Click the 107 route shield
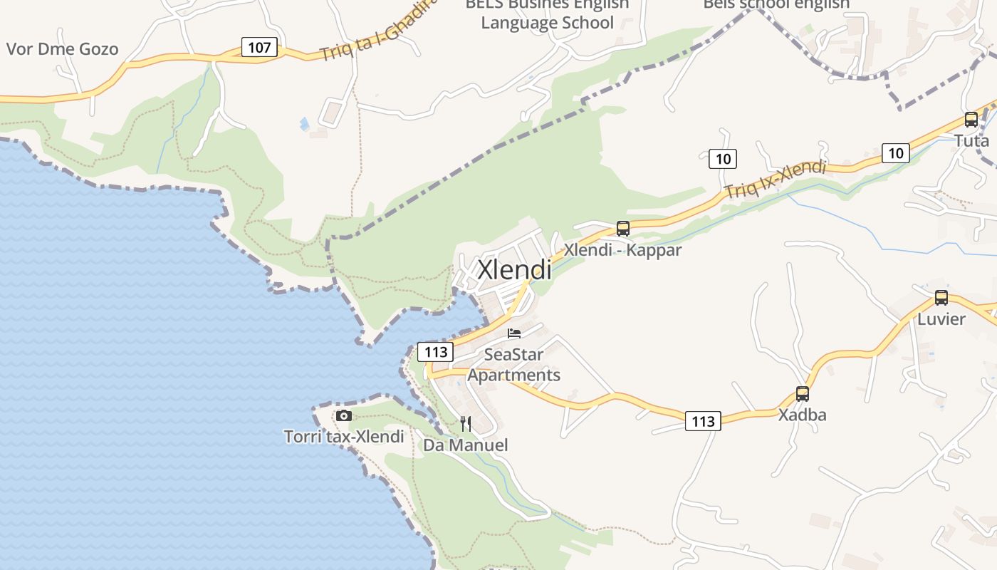point(260,48)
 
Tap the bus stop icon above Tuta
point(971,120)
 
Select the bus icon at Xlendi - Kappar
point(623,229)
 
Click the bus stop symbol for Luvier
point(941,298)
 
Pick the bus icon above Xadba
point(803,394)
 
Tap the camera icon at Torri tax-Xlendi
point(344,415)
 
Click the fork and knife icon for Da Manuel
point(466,424)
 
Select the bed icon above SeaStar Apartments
point(514,333)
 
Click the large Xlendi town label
point(514,270)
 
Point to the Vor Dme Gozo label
point(62,49)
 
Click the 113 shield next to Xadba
point(703,421)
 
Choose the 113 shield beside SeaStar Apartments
point(435,351)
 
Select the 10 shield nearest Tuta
point(896,152)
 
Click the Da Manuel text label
point(466,445)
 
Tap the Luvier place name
point(941,318)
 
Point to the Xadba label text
point(803,415)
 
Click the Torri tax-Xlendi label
point(344,437)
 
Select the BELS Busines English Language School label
point(547,14)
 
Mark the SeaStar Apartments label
point(514,365)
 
